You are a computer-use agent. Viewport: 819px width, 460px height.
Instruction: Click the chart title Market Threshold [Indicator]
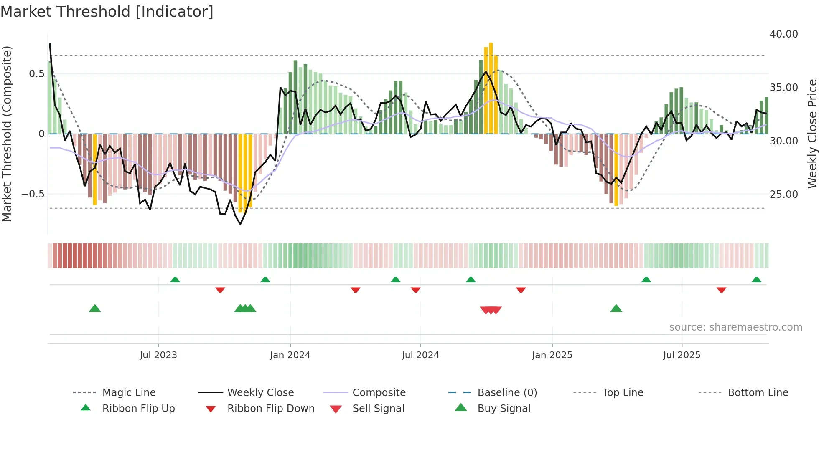tap(107, 12)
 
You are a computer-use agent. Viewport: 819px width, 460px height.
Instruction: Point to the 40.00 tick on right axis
tap(783, 34)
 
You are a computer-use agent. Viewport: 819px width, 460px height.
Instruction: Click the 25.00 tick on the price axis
tap(783, 194)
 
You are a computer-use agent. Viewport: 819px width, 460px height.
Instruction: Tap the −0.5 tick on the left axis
tap(33, 194)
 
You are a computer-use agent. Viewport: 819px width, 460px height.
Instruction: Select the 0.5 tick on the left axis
tap(36, 74)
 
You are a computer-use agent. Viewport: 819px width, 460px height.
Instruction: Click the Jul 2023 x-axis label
tap(158, 355)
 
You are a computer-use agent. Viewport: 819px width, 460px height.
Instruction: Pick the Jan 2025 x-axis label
tap(552, 355)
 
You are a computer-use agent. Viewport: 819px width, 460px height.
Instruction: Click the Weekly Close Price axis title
tap(812, 134)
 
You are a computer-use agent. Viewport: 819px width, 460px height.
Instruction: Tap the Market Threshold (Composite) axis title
tap(7, 134)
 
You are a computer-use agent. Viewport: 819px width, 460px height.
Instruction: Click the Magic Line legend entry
tap(129, 393)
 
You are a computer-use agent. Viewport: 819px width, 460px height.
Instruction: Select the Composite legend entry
tap(379, 393)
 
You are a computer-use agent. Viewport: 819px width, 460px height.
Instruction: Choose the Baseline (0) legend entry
tap(507, 393)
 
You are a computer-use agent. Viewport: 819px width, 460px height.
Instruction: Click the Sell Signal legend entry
tap(378, 409)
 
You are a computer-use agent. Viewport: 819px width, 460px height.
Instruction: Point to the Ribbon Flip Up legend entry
tap(138, 409)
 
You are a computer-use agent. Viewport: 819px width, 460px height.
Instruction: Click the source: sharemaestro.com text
tap(735, 327)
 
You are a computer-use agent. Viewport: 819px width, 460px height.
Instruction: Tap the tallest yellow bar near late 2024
tap(491, 88)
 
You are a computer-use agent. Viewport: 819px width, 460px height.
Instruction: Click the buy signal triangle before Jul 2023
tap(95, 308)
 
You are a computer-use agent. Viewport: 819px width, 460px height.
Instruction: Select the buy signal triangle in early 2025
tap(616, 308)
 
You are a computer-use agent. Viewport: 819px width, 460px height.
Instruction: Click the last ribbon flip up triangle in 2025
tap(756, 280)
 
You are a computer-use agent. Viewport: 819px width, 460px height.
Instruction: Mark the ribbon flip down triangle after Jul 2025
tap(721, 290)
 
